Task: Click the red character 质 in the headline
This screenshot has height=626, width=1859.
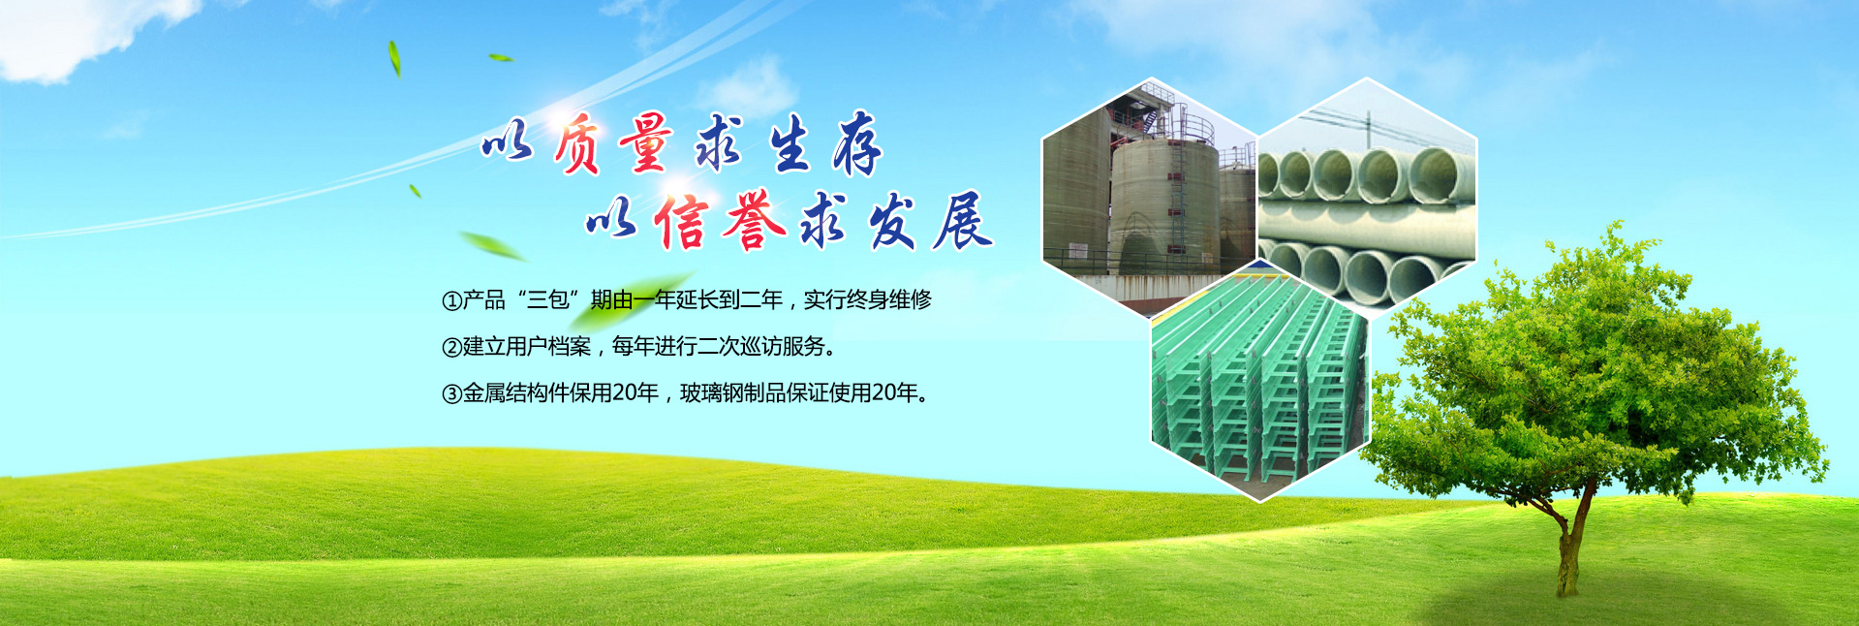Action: click(x=578, y=144)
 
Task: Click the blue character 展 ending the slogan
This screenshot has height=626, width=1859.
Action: click(x=962, y=221)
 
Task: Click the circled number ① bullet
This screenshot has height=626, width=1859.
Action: click(x=451, y=301)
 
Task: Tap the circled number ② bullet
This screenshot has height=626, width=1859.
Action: click(x=451, y=347)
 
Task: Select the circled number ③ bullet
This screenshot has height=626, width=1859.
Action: click(x=451, y=393)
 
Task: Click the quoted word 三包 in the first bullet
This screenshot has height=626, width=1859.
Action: click(x=547, y=300)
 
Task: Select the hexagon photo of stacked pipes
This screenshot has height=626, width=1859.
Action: click(x=1367, y=194)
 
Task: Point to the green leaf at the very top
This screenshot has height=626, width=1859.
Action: click(x=394, y=58)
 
